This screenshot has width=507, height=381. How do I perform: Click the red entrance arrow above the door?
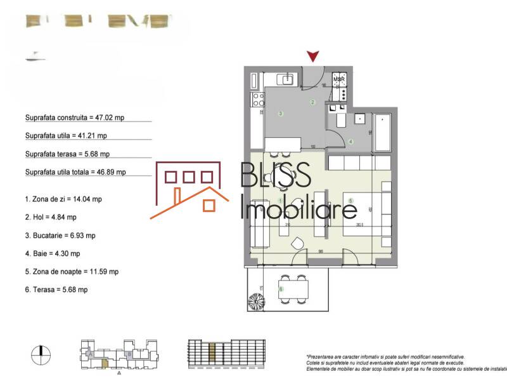(x=312, y=57)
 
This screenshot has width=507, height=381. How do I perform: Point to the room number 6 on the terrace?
(x=281, y=290)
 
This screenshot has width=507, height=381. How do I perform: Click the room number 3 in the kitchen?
(x=281, y=114)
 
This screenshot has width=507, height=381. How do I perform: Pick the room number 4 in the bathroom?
(x=350, y=142)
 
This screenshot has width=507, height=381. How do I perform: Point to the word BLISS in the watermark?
(x=274, y=174)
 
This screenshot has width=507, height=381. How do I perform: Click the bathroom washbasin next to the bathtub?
(x=359, y=118)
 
